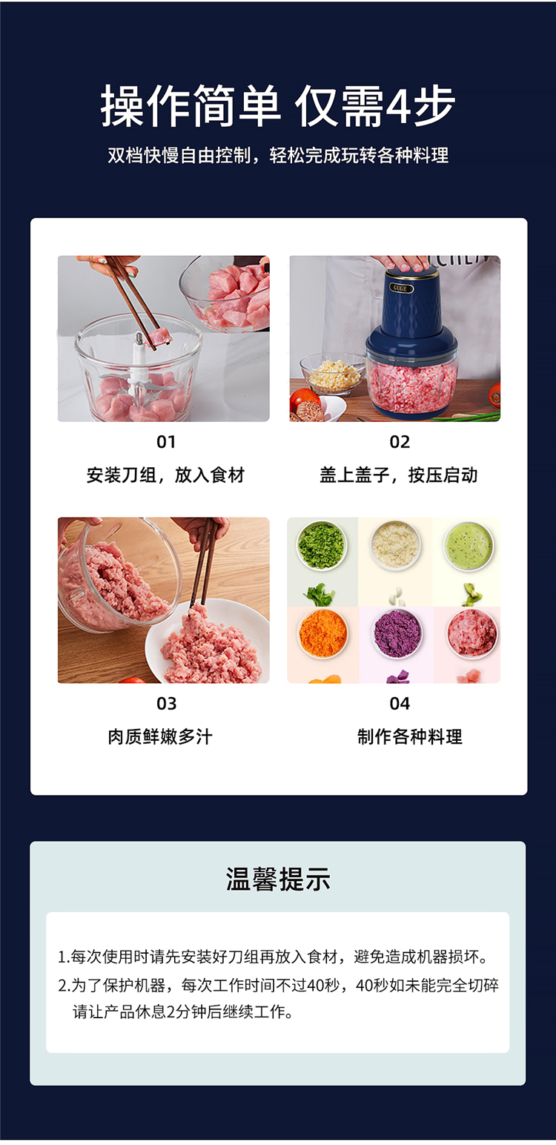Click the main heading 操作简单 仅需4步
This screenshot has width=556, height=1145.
tap(277, 106)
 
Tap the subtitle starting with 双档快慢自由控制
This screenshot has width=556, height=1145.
tap(278, 155)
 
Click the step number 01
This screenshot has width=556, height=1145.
tap(166, 442)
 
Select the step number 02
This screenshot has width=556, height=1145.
tap(400, 442)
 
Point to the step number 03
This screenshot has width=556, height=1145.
tap(166, 703)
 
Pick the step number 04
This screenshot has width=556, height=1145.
tap(400, 703)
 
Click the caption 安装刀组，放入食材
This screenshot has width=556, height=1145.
tap(165, 475)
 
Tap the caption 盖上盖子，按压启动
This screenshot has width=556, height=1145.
tap(399, 475)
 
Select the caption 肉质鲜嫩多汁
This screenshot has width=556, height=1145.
tap(160, 736)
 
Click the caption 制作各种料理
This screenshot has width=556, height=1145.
tap(410, 736)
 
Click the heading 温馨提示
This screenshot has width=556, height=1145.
tap(278, 880)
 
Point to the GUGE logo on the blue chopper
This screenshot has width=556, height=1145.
tap(400, 288)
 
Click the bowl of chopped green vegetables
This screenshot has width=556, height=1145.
tap(322, 545)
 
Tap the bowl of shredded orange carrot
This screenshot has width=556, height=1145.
tap(322, 634)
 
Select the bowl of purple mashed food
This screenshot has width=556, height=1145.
tap(397, 634)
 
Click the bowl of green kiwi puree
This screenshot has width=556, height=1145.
tap(469, 545)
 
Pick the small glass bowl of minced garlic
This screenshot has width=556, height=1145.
tap(333, 373)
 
